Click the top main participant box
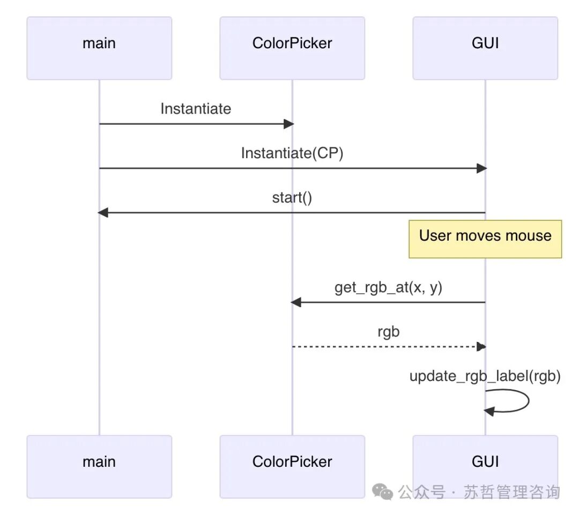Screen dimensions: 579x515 pyautogui.click(x=99, y=48)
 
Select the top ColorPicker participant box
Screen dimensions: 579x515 pyautogui.click(x=292, y=48)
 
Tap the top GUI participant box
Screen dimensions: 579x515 pyautogui.click(x=485, y=48)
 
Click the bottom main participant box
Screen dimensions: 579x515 pyautogui.click(x=99, y=467)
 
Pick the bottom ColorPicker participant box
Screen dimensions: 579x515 pyautogui.click(x=292, y=467)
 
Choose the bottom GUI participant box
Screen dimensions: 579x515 pyautogui.click(x=485, y=467)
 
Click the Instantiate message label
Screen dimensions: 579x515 pyautogui.click(x=196, y=109)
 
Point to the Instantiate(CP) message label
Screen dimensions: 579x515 pyautogui.click(x=292, y=153)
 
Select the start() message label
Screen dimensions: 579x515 pyautogui.click(x=292, y=198)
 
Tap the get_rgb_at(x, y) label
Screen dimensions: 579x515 pyautogui.click(x=389, y=287)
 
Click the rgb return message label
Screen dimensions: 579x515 pyautogui.click(x=389, y=332)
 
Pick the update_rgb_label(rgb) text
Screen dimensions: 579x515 pyautogui.click(x=485, y=376)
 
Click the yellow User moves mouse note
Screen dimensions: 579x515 pyautogui.click(x=485, y=239)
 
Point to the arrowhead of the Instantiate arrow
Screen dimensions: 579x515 pyautogui.click(x=289, y=124)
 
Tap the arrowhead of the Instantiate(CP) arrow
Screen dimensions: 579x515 pyautogui.click(x=482, y=168)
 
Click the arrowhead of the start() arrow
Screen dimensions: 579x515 pyautogui.click(x=102, y=213)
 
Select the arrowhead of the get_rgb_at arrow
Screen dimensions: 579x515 pyautogui.click(x=296, y=302)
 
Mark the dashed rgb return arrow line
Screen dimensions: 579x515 pyautogui.click(x=389, y=347)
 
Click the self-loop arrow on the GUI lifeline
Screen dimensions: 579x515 pyautogui.click(x=529, y=400)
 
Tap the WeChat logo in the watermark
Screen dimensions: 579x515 pyautogui.click(x=382, y=492)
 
